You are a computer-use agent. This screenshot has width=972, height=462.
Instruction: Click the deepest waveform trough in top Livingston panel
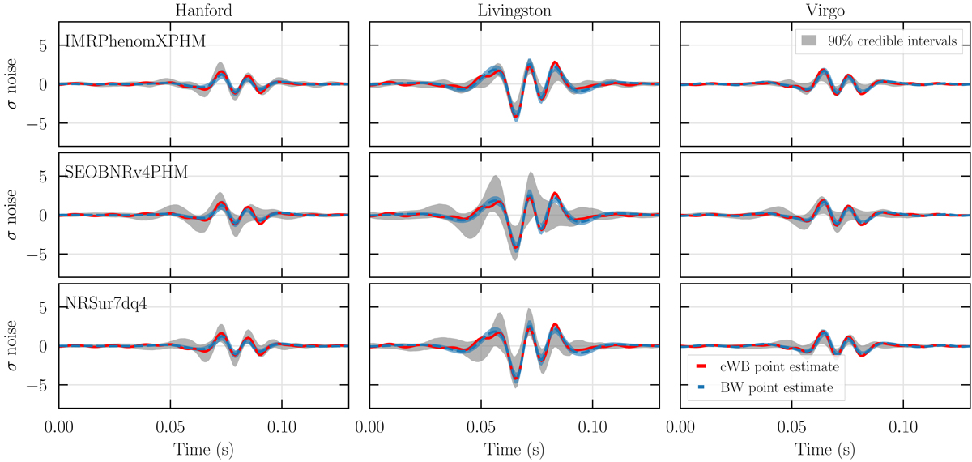click(x=516, y=118)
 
